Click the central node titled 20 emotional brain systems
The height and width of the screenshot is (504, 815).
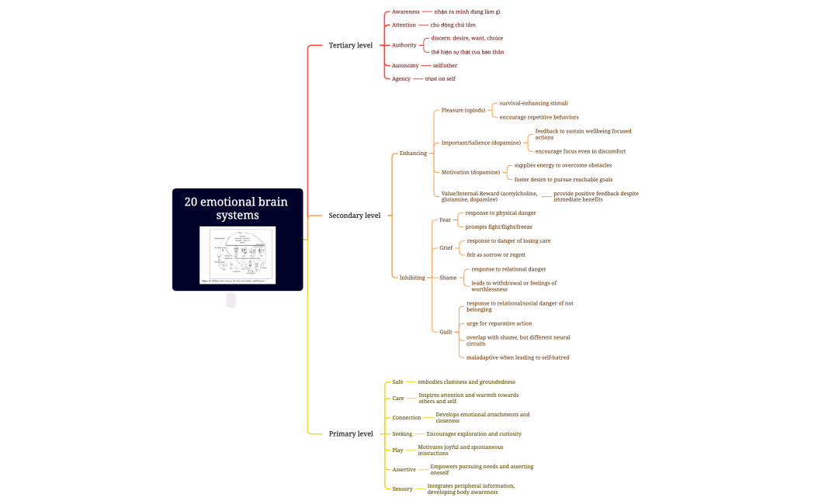(236, 208)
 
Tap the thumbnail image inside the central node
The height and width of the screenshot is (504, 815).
(238, 255)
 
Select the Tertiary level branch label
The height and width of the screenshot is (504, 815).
(350, 45)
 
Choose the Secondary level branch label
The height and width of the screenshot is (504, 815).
(354, 216)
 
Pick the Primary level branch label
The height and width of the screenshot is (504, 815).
(351, 433)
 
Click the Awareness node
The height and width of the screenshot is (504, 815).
(405, 12)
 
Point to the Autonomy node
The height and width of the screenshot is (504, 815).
(405, 66)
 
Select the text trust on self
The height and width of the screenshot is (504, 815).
(440, 79)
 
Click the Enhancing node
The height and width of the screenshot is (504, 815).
(413, 153)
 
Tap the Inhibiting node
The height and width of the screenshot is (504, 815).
(412, 278)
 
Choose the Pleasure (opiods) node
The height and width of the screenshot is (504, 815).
(463, 110)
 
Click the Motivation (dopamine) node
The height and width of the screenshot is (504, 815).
(470, 172)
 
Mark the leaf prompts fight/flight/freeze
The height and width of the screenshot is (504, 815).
(498, 227)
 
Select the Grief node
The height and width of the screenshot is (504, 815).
(446, 248)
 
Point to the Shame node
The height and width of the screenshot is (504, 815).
(448, 278)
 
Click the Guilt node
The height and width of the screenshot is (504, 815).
(446, 332)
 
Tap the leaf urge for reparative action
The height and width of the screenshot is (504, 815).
(499, 323)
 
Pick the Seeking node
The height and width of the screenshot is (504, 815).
(402, 434)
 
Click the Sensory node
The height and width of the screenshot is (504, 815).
(402, 489)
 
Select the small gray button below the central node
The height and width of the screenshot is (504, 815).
(231, 301)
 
